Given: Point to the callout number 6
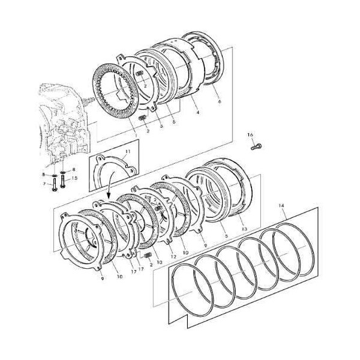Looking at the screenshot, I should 219,102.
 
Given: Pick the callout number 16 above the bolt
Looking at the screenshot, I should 250,135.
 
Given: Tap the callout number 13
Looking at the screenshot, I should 244,229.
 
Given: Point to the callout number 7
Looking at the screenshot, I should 44,184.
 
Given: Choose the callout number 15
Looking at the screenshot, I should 74,178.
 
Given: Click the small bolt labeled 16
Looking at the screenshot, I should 256,145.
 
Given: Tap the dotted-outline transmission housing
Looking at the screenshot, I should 66,120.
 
